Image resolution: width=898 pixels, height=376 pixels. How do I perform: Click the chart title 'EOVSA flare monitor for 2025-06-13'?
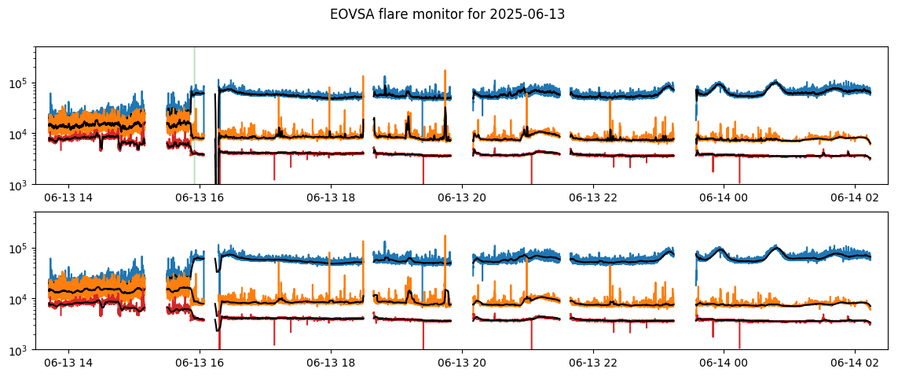tap(448, 16)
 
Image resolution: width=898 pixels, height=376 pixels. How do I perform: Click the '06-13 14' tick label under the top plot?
tap(68, 200)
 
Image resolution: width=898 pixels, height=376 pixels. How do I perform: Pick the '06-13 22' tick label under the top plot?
tap(592, 200)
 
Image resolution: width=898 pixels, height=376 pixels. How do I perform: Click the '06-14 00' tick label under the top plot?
tap(724, 200)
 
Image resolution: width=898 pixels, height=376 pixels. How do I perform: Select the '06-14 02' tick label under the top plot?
tap(855, 200)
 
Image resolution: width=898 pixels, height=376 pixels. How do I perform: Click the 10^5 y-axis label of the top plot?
tap(20, 83)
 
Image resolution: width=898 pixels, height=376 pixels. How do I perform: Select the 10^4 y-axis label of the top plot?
tap(20, 134)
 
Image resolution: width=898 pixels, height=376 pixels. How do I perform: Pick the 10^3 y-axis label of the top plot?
tap(20, 184)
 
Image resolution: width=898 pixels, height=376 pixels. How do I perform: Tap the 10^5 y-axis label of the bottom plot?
tap(20, 249)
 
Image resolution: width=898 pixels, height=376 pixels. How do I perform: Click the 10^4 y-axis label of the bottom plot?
tap(20, 299)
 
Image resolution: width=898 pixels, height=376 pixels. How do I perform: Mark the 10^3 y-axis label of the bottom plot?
tap(20, 349)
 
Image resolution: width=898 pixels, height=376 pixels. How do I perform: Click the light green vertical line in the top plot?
tap(194, 116)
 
